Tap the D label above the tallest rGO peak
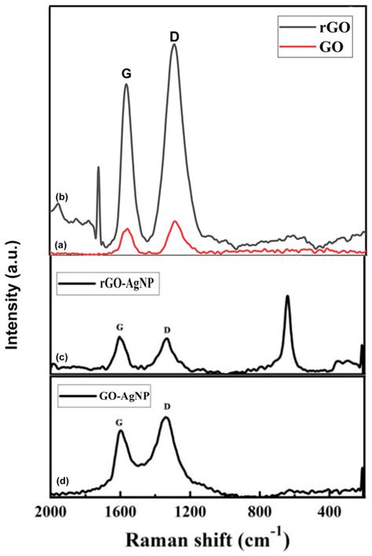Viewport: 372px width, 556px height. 174,36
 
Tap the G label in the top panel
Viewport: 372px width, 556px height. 126,74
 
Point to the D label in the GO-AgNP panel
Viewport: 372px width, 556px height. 166,406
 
